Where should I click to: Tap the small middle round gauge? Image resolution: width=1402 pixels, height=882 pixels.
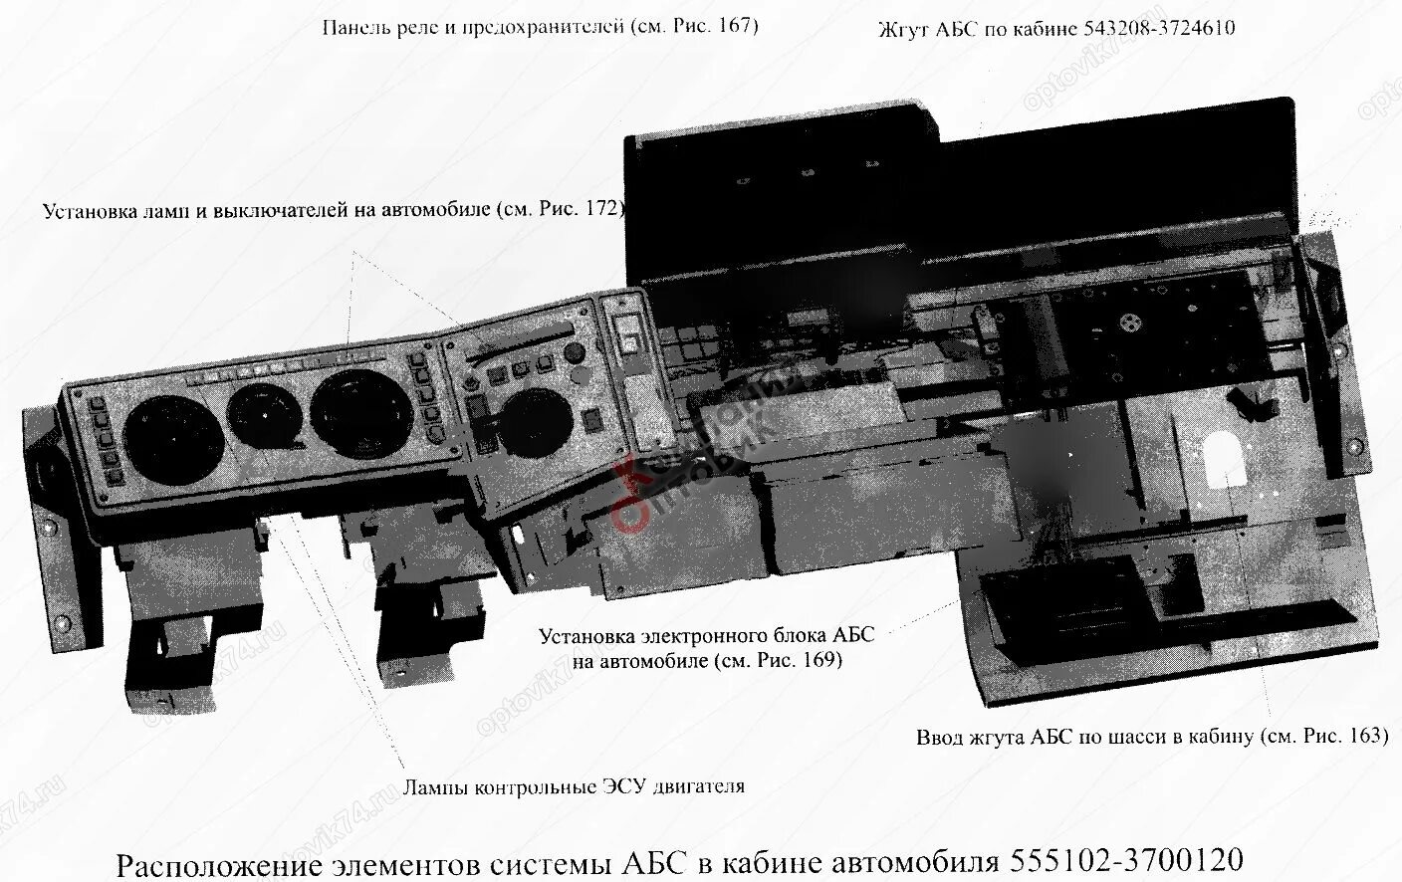[x=262, y=416]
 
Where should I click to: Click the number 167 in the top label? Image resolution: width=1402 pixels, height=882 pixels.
[x=729, y=27]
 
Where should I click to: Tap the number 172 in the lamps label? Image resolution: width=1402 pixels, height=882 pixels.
[x=601, y=211]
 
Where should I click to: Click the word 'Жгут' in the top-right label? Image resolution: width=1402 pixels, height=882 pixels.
[x=903, y=28]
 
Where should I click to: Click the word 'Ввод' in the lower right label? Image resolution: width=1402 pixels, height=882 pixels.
[x=940, y=738]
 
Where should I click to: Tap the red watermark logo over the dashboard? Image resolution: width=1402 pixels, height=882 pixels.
[x=637, y=488]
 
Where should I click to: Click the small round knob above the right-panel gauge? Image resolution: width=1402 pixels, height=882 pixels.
[x=575, y=355]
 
